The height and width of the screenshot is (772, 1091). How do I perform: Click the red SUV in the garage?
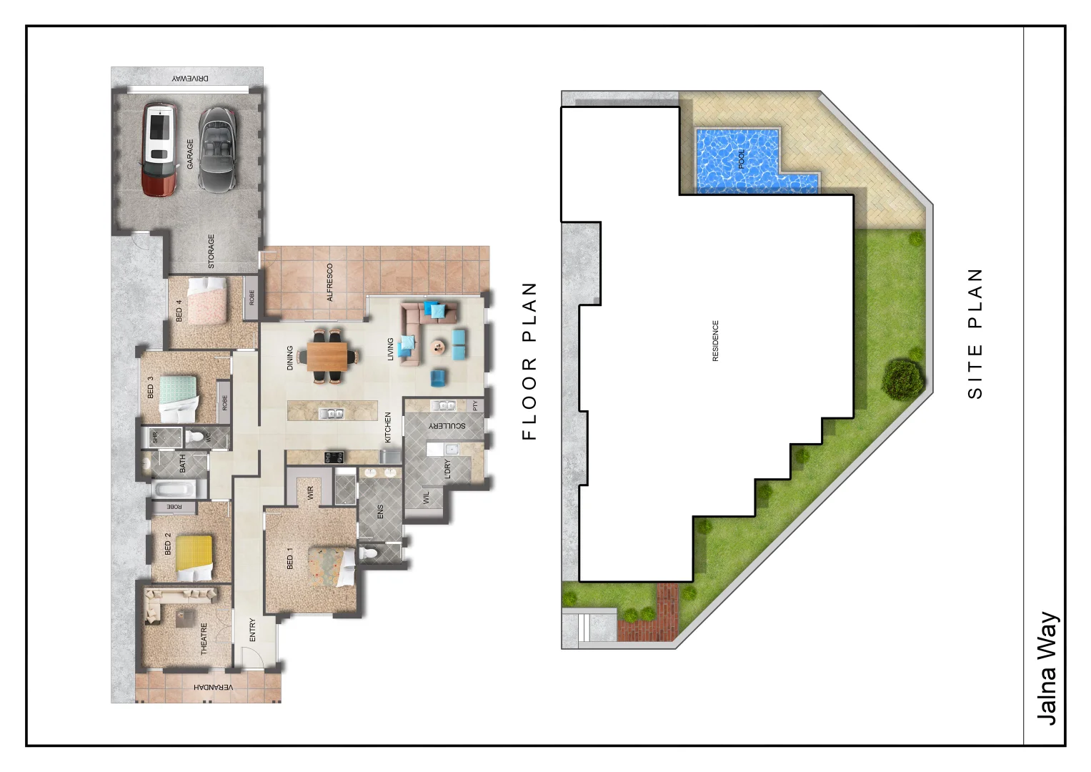click(x=159, y=149)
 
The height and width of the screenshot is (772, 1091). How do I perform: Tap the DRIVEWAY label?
click(x=190, y=78)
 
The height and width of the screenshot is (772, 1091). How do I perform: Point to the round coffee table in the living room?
click(x=438, y=347)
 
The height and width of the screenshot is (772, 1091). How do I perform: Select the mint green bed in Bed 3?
click(x=178, y=397)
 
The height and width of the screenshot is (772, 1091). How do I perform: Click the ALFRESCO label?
click(x=330, y=282)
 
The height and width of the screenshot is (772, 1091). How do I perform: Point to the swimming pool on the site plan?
click(x=739, y=160)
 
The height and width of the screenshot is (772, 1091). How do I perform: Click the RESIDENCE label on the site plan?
click(x=715, y=340)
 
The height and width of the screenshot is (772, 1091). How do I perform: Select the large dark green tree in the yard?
click(x=903, y=379)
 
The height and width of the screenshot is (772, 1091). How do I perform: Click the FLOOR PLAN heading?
click(x=529, y=361)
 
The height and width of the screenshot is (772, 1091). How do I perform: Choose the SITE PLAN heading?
click(x=975, y=333)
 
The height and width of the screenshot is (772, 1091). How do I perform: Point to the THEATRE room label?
click(x=204, y=638)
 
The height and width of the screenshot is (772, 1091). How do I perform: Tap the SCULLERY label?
click(x=447, y=425)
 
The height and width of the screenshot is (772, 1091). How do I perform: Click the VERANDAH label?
click(x=213, y=688)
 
